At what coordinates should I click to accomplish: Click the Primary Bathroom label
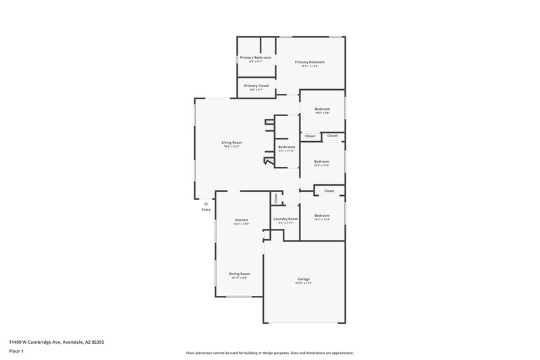click(x=255, y=57)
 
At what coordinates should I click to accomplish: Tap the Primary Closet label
click(x=256, y=86)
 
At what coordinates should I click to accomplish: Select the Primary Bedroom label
click(x=310, y=61)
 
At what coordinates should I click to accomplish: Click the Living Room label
click(x=232, y=143)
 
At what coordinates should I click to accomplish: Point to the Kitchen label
click(x=241, y=220)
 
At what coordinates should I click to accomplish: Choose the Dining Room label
click(x=240, y=274)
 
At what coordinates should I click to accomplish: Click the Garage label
click(x=304, y=279)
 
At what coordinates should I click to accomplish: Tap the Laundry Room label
click(x=285, y=219)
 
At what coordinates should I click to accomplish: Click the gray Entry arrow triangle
click(x=206, y=202)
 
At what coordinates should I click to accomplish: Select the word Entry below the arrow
click(x=206, y=209)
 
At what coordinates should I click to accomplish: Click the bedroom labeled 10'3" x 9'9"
click(x=322, y=109)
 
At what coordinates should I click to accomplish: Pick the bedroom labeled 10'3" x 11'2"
click(x=321, y=161)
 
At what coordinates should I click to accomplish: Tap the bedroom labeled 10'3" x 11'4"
click(x=321, y=215)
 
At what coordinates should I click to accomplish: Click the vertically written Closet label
click(x=275, y=198)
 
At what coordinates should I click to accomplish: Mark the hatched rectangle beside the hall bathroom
click(x=269, y=122)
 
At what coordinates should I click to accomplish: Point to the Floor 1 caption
click(x=17, y=352)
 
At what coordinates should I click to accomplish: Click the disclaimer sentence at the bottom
click(x=269, y=353)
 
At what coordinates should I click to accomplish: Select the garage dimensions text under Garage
click(x=304, y=283)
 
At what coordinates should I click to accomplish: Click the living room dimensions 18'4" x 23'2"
click(x=232, y=147)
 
